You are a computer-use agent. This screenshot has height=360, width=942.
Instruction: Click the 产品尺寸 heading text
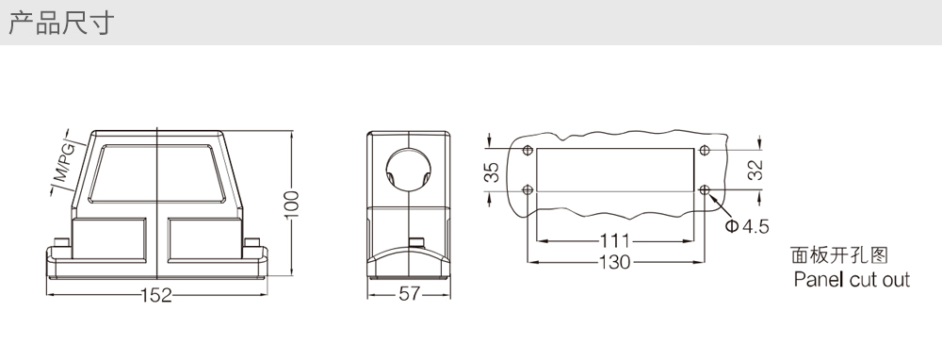coord(60,24)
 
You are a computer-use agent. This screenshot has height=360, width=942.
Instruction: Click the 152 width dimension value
coord(156,295)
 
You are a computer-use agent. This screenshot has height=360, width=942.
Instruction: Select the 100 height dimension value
coord(291,205)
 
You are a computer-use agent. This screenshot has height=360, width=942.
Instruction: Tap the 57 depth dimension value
coord(409,294)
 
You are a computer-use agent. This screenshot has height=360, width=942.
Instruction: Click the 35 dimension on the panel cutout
coord(492,172)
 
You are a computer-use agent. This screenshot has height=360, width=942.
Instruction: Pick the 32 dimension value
coord(755,170)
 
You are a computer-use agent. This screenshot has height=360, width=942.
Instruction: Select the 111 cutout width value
coord(615,241)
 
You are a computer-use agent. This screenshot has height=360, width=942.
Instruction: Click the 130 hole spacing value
coord(615,262)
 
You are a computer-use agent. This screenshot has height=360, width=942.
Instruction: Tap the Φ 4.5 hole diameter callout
coord(747,226)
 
